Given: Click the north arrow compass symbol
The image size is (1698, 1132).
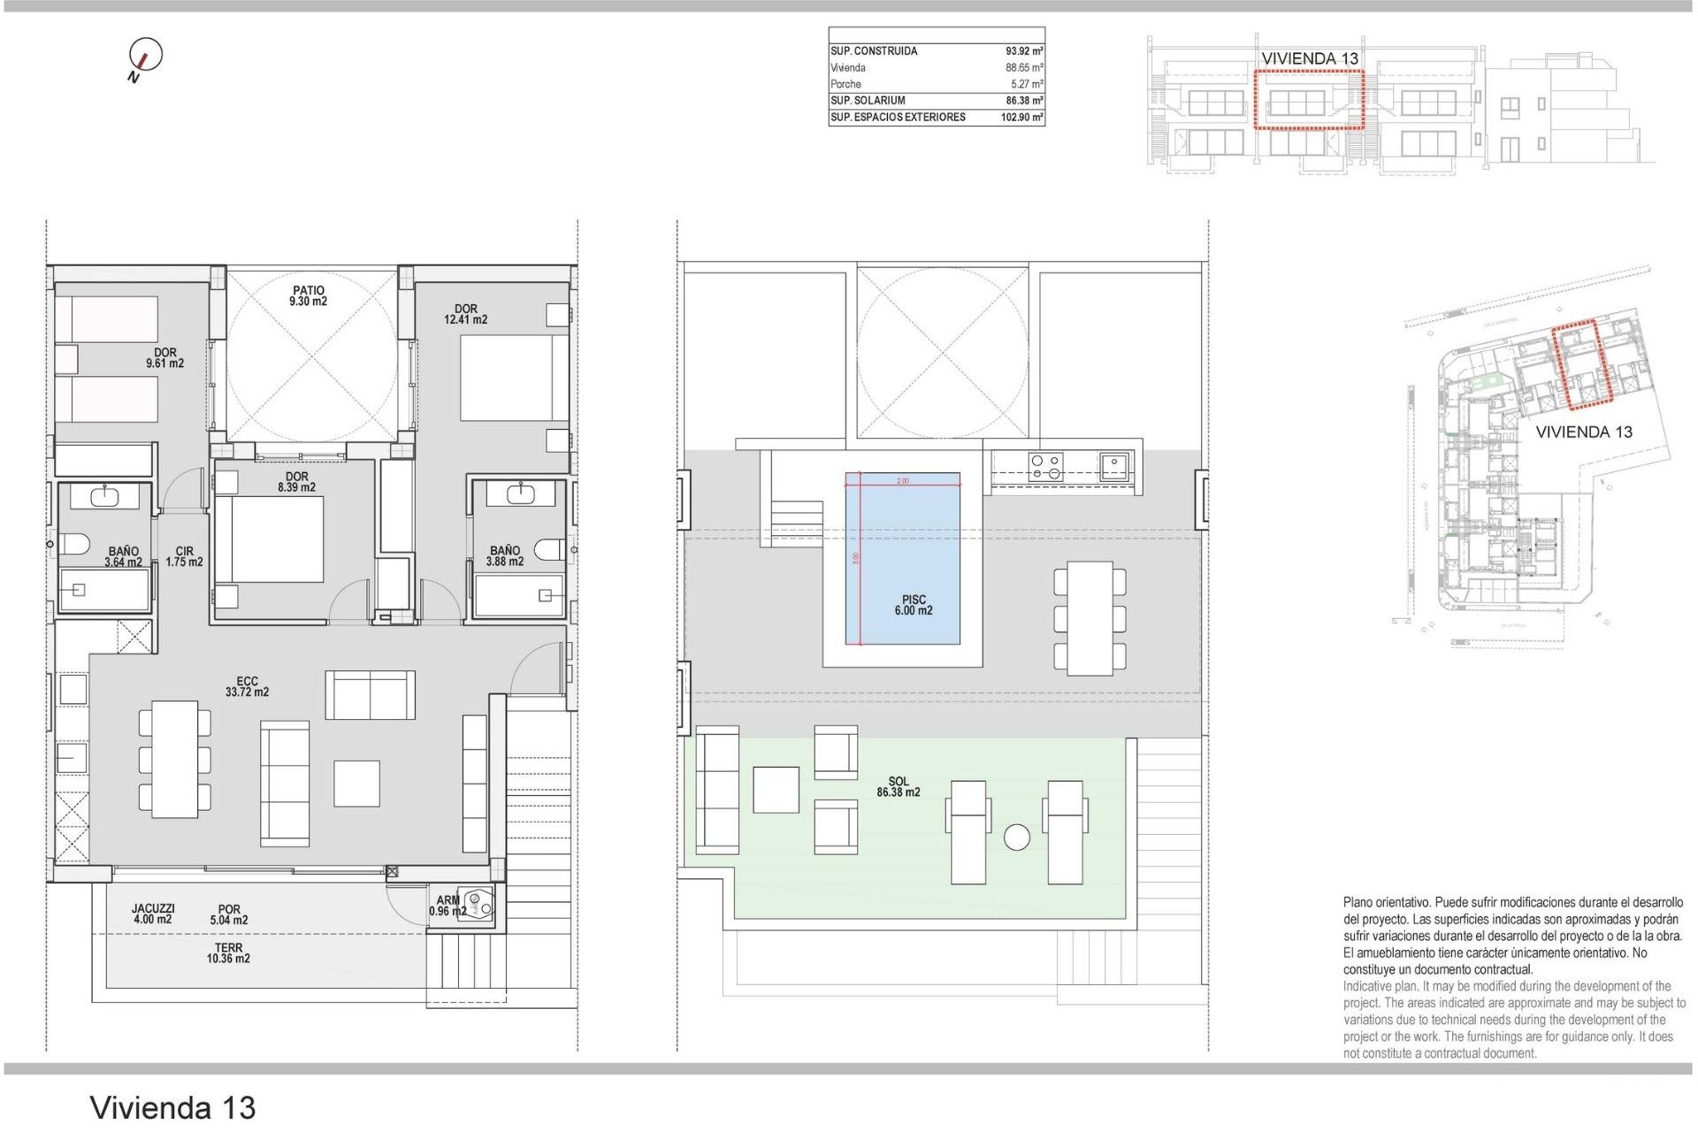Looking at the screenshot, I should coord(146,56).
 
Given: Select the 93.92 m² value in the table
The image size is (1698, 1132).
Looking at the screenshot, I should coord(1024,51).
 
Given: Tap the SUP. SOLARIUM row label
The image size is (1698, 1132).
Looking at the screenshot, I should coord(868,101).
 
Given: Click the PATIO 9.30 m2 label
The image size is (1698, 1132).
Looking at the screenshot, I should coord(309,296).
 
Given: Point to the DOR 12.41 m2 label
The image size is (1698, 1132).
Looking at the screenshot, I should coord(466,315).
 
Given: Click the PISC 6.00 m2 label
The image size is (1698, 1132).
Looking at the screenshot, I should coord(914,606).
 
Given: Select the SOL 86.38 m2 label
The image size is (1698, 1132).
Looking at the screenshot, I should coord(899,787).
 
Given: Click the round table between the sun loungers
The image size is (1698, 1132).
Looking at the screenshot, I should coord(1017,837).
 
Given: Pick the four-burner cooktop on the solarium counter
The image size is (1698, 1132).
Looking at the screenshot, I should coord(1046,466).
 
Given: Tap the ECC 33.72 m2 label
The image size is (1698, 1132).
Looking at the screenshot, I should coord(248,687).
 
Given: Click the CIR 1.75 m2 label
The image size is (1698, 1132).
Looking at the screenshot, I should coord(184,557).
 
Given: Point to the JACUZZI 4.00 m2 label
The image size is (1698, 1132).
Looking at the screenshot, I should coord(153,914).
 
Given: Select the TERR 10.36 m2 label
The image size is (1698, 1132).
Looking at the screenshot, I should coord(228,953).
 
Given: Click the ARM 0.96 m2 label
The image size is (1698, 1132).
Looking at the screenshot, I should coord(447,906).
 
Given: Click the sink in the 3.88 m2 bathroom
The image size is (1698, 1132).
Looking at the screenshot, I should coord(520,493).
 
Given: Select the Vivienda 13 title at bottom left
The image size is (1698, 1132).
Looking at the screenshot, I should coord(173,1107).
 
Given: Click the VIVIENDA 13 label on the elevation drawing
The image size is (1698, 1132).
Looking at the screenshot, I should coord(1310,58).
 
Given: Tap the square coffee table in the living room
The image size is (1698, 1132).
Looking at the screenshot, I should coord(357,783).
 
